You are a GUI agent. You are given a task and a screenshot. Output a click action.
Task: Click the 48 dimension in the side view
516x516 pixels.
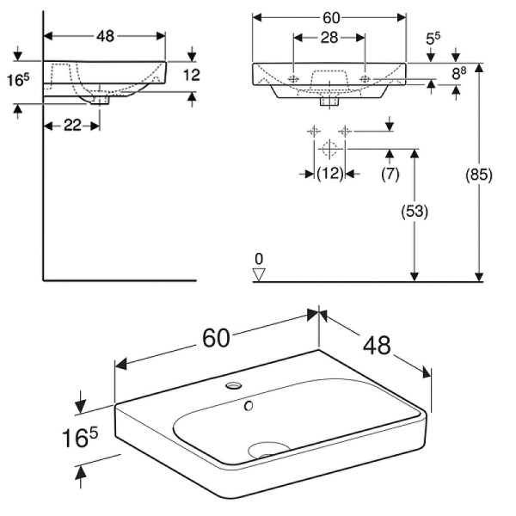point(104,36)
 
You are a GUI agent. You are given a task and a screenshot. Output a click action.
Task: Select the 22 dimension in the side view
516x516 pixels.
point(72,126)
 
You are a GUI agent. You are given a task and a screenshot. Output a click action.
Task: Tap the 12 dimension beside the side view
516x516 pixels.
point(192,76)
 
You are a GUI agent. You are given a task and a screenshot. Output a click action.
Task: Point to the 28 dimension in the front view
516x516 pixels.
point(329,36)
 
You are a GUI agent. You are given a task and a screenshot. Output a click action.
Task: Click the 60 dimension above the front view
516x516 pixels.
point(329,16)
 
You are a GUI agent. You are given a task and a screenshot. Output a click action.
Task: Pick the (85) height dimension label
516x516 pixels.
point(478,175)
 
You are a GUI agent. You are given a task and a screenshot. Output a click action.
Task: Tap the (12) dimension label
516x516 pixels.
point(329,174)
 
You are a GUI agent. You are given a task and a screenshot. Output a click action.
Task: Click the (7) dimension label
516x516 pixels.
point(390,174)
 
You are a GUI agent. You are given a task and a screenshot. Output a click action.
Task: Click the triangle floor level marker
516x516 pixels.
point(259,273)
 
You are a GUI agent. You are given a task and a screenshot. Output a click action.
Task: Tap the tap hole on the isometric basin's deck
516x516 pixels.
point(232,386)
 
